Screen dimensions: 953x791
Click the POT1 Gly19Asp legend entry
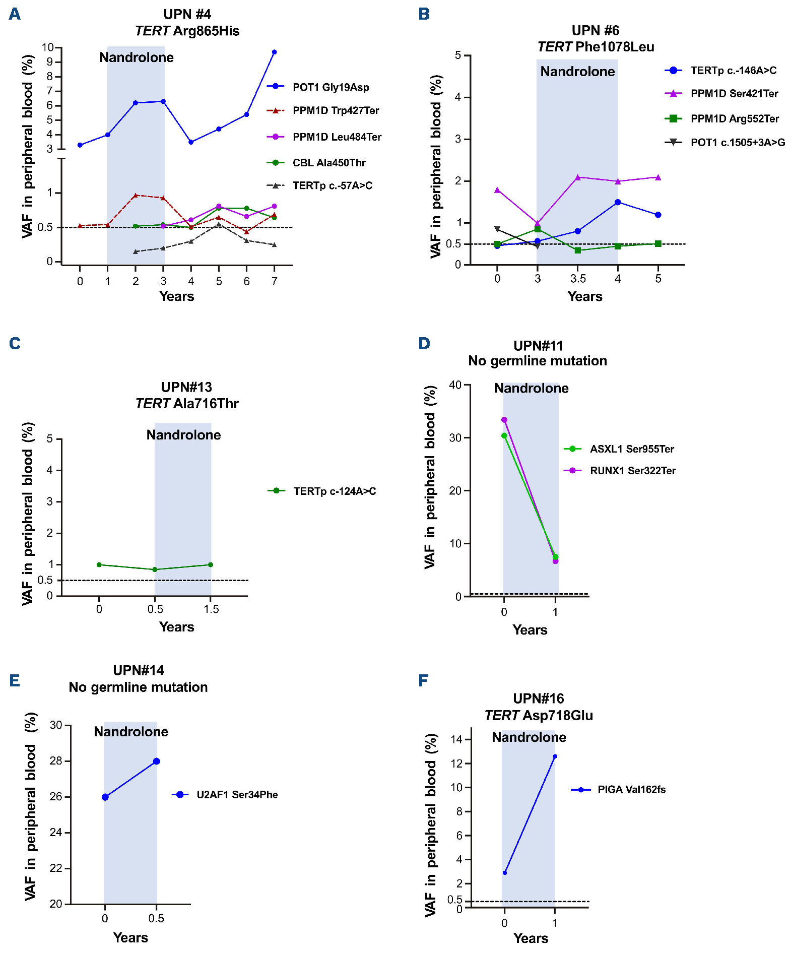tap(331, 87)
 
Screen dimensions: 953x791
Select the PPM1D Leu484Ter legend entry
tap(337, 137)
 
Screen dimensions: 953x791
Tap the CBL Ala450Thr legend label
tap(329, 163)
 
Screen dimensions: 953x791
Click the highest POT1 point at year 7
tap(274, 52)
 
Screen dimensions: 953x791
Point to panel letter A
tap(15, 14)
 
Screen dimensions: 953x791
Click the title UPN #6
tap(595, 31)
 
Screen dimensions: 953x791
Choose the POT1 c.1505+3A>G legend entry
tap(738, 143)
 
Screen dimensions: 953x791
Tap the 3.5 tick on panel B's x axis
tap(578, 279)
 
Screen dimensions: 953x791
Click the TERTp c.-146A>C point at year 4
tap(618, 202)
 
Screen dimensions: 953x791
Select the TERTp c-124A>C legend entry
tap(335, 491)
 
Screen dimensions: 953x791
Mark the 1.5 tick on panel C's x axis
tap(211, 609)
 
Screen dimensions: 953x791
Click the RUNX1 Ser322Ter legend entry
tap(632, 471)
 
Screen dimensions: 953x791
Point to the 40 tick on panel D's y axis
tap(455, 385)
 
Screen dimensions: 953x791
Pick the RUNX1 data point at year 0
tap(504, 420)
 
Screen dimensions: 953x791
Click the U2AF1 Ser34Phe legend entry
tap(237, 795)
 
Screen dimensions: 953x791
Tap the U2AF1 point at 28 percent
tap(157, 761)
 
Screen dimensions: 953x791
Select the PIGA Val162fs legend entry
tap(631, 790)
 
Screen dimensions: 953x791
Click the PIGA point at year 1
tap(555, 756)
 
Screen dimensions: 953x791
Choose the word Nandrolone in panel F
tap(529, 737)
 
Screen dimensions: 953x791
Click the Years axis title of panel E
tap(130, 937)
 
